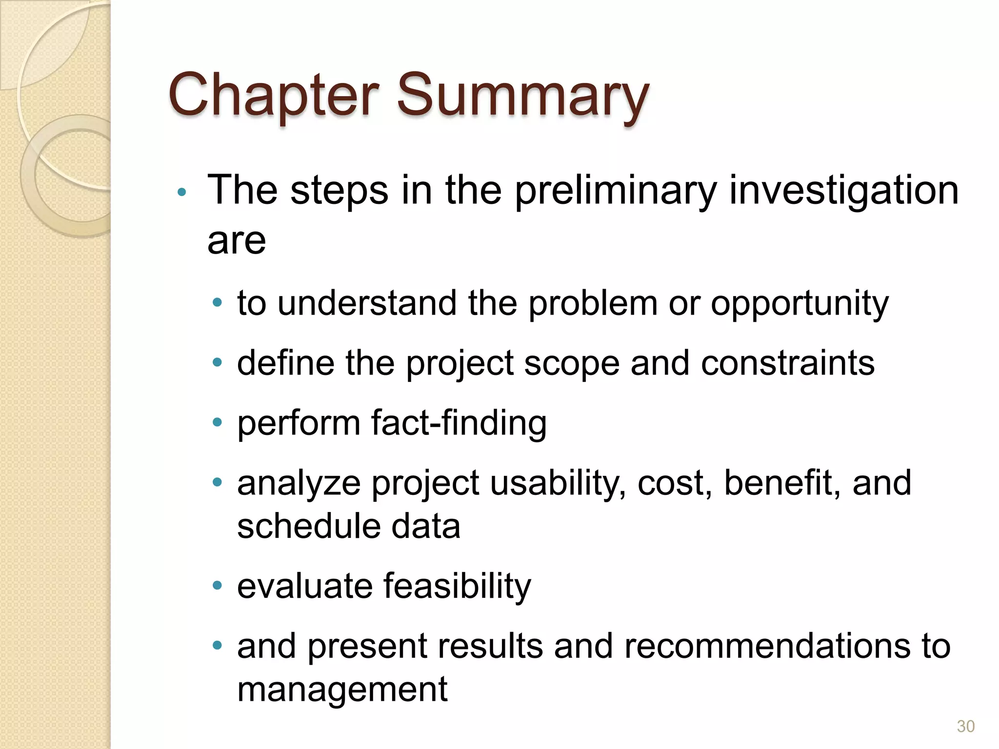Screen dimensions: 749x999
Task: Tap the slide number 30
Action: coord(965,726)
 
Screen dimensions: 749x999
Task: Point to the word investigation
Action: coord(843,191)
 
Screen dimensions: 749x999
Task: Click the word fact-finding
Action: coord(459,423)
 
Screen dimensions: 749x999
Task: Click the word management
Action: coord(342,690)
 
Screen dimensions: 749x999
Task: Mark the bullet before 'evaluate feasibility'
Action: coord(218,585)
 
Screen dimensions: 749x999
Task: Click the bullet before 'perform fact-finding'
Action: coord(218,422)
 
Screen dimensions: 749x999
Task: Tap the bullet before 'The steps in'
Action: coord(182,192)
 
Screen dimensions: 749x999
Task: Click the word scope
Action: coord(571,364)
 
